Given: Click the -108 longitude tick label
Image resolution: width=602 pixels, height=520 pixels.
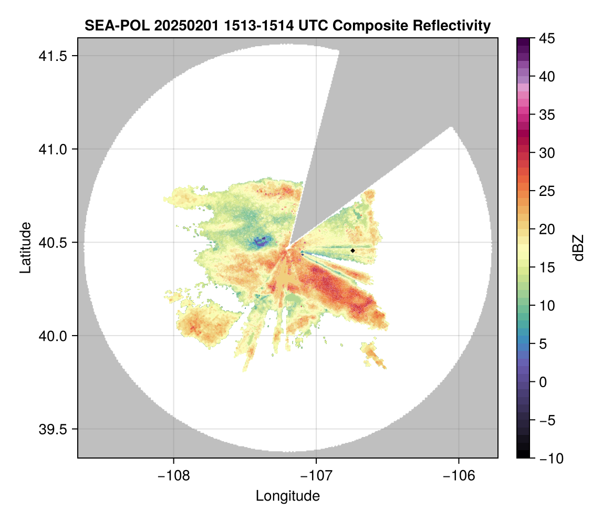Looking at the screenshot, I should point(173,476).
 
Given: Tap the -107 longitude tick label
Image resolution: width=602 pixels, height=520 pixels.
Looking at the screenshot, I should point(316,476).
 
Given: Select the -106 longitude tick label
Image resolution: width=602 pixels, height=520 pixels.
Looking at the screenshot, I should point(459,476).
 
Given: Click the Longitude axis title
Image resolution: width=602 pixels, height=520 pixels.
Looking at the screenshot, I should point(287,496).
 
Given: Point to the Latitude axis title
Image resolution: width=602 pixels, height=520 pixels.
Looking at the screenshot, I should point(25,247).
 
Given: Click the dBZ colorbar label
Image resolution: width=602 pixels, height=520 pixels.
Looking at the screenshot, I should point(578,247).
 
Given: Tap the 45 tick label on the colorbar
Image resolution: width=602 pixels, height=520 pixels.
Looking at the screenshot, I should point(546,38).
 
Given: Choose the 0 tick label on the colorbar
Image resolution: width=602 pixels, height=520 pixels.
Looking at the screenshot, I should point(544,382).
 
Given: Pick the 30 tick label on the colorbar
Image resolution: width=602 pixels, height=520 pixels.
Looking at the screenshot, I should point(546,153).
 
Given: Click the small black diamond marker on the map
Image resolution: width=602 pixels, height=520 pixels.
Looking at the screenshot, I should point(353,251).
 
